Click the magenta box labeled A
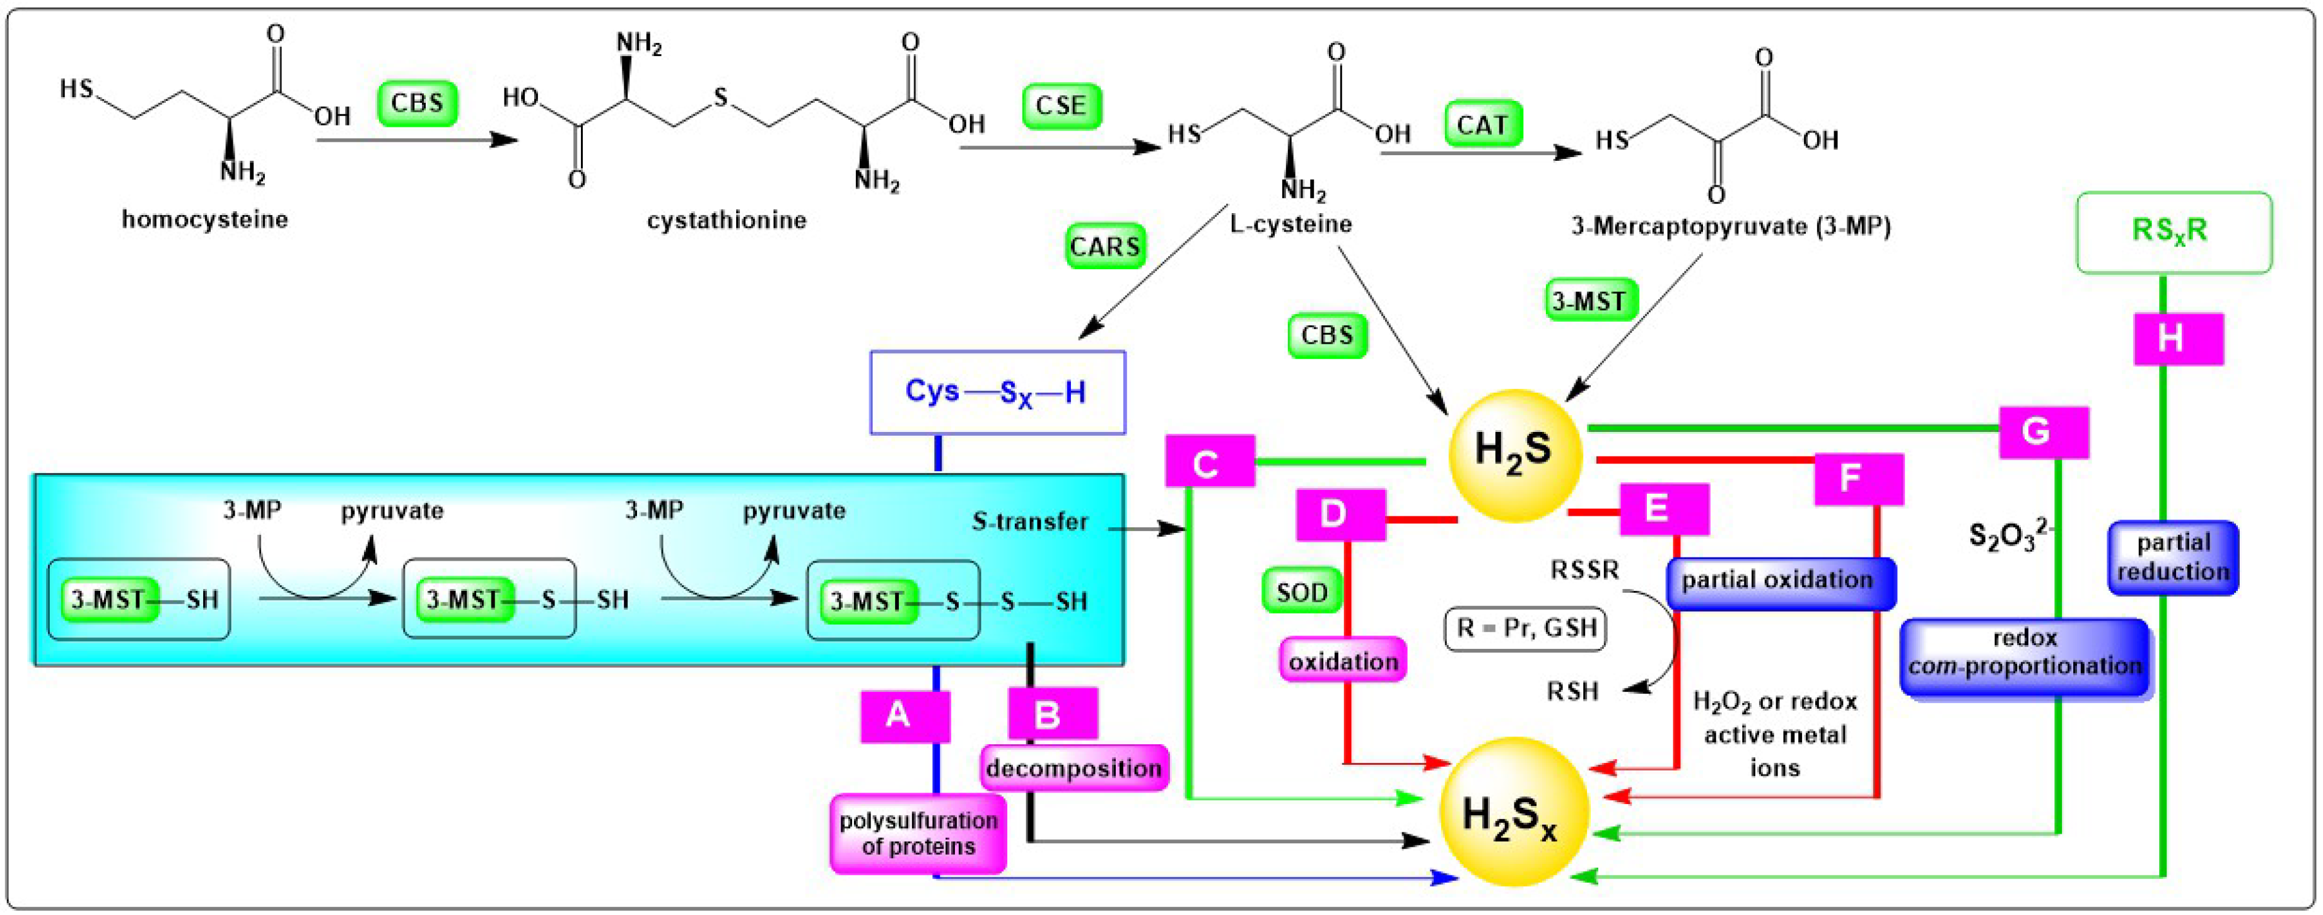[x=904, y=716]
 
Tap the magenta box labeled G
[x=2042, y=432]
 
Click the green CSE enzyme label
[x=1062, y=105]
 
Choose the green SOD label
[x=1301, y=592]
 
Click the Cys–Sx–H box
[x=997, y=392]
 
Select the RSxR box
[x=2174, y=231]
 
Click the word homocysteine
[x=205, y=219]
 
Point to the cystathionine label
[x=726, y=220]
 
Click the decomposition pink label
[x=1073, y=767]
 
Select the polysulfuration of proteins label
[x=918, y=833]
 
